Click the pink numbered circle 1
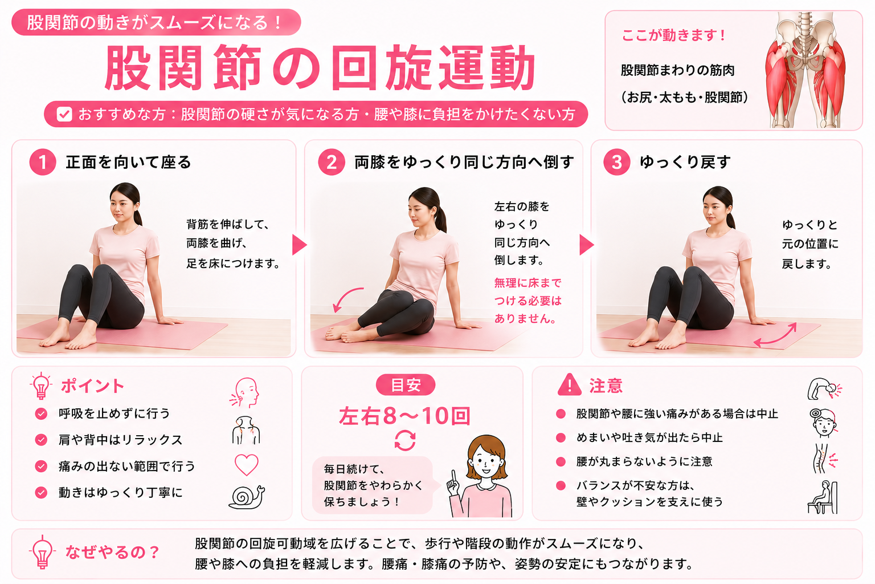(x=43, y=162)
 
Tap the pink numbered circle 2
(x=331, y=162)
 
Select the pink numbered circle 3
(x=616, y=162)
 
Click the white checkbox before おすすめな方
(x=64, y=114)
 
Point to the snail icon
(x=247, y=497)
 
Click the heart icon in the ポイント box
(x=247, y=465)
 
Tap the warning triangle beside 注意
(x=570, y=385)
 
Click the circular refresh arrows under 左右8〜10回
(x=405, y=440)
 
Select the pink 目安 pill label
(x=406, y=385)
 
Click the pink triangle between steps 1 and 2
(x=299, y=245)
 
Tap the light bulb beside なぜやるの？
(x=42, y=552)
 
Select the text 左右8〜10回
(x=404, y=416)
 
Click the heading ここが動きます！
(x=673, y=35)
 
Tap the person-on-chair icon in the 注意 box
(x=823, y=497)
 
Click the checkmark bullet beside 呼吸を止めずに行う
(x=41, y=413)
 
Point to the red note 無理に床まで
(x=528, y=282)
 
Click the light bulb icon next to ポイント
(x=40, y=386)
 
